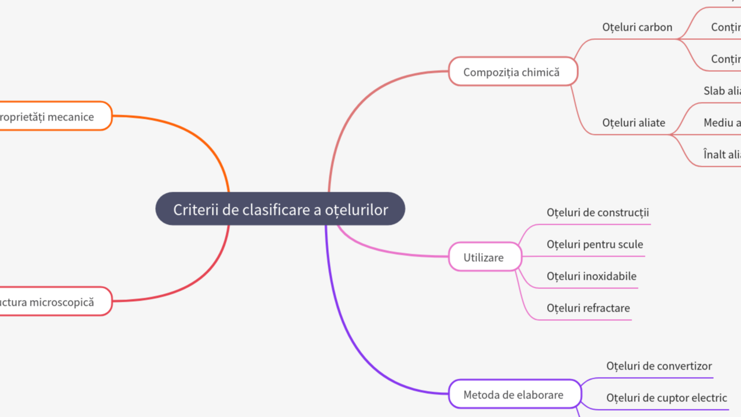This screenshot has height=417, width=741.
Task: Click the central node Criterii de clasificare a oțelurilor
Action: tap(280, 209)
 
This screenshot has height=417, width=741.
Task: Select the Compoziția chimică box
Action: tap(512, 72)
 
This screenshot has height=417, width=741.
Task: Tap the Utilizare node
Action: tap(484, 257)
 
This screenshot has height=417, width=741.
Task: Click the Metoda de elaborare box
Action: tap(514, 394)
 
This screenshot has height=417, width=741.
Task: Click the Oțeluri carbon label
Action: tap(637, 27)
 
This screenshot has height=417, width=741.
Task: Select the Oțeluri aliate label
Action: tap(633, 123)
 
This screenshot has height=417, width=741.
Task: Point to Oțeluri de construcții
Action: tap(597, 213)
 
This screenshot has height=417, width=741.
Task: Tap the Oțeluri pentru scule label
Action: tap(595, 244)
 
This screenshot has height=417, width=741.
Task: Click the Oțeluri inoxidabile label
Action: tap(591, 276)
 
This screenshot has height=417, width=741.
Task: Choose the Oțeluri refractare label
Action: tap(588, 308)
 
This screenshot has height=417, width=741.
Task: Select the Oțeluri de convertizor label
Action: tap(659, 366)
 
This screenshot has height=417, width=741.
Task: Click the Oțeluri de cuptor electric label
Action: tap(666, 398)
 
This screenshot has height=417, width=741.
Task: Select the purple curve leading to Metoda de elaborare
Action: tap(347, 336)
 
